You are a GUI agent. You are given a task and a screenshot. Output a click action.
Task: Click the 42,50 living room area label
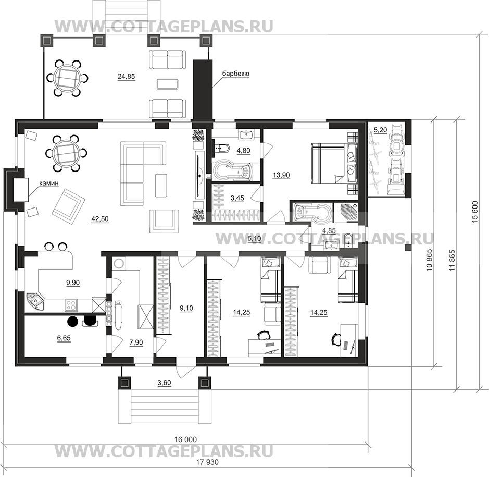[x=100, y=219]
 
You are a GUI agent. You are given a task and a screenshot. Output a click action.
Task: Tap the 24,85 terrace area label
[x=127, y=76]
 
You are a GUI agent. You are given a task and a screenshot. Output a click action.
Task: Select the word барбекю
[x=235, y=74]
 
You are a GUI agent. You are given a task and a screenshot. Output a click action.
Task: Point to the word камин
[x=48, y=184]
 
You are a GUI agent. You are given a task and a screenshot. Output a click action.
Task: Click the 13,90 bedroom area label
[x=281, y=175]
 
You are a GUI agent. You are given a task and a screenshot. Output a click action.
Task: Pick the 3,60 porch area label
[x=165, y=383]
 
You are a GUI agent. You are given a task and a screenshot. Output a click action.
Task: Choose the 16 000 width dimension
[x=185, y=439]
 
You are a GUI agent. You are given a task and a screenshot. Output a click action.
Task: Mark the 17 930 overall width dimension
[x=207, y=462]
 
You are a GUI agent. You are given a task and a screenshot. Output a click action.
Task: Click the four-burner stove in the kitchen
[x=71, y=304]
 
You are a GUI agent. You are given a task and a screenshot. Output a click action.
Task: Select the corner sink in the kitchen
[x=35, y=301]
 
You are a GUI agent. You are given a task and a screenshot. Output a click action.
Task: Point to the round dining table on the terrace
[x=67, y=78]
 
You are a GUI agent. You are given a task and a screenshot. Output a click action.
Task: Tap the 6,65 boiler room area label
[x=64, y=338]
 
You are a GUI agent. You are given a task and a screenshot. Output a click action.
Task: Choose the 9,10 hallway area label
[x=186, y=309]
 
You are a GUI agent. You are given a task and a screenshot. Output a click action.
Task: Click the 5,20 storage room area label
[x=380, y=130]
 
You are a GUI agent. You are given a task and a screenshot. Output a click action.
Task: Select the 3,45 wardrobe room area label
[x=237, y=198]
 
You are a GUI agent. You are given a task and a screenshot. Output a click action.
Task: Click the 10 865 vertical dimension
[x=430, y=260]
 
